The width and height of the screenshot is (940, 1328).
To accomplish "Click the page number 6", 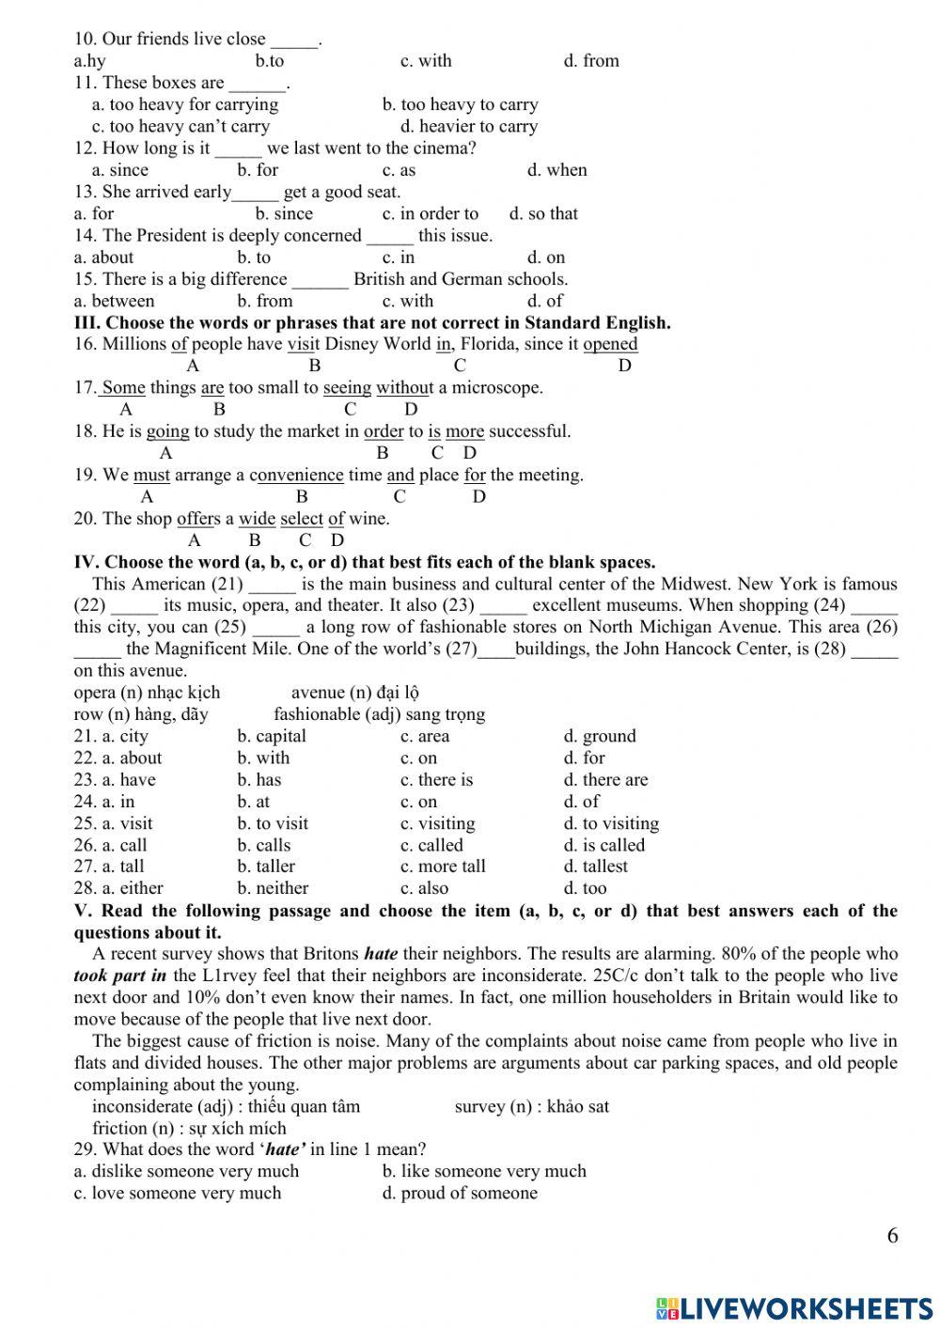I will point(892,1235).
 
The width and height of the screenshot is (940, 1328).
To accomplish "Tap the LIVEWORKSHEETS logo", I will point(794,1307).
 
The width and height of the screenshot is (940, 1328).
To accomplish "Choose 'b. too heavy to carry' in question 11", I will point(460,104).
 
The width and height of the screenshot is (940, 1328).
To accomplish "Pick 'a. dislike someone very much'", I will point(186,1171).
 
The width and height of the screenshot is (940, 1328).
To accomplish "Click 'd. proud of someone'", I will point(460,1193).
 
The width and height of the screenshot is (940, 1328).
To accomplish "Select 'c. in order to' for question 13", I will point(431,213).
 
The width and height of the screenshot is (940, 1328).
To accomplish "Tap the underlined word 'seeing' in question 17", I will point(347,387).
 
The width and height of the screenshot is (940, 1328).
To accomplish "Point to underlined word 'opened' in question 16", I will point(610,344).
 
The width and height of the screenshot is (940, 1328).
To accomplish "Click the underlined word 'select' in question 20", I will point(301,519).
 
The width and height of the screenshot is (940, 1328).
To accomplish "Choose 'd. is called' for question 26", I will point(604,845).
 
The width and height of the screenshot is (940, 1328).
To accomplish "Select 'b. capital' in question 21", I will point(272,736).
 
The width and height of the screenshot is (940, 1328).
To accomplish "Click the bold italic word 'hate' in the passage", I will point(381,954).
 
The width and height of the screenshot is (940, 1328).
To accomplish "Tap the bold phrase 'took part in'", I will point(120,976).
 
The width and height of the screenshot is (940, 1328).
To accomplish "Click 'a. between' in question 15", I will point(114,301).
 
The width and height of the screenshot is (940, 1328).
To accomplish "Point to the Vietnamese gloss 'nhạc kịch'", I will point(185,693).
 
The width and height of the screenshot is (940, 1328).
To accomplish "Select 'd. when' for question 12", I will point(556,170).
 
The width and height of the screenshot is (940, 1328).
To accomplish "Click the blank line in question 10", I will point(294,41).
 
